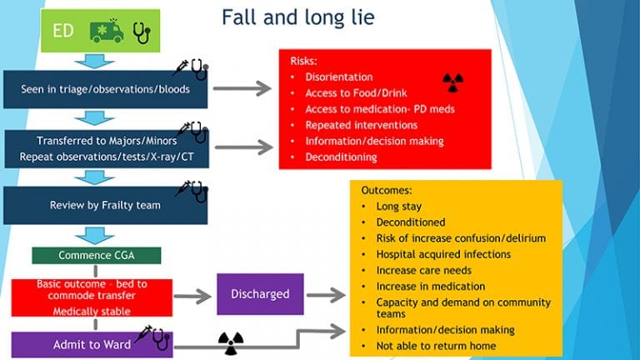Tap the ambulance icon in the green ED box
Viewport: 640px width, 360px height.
click(106, 32)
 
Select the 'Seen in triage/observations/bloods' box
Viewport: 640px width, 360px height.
click(105, 87)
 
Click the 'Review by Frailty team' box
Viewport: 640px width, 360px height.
click(105, 205)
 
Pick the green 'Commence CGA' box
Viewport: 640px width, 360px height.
click(97, 255)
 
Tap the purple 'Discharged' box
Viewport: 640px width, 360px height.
click(261, 293)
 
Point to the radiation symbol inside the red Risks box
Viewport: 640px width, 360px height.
click(452, 81)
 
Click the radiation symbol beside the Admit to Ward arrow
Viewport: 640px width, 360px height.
click(230, 341)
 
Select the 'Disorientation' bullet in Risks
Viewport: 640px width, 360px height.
click(338, 77)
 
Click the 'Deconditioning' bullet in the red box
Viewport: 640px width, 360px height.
click(340, 157)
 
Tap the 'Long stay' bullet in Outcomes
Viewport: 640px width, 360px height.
click(398, 207)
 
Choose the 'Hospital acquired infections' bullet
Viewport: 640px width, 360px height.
click(443, 254)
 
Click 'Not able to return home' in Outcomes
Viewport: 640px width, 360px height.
click(436, 346)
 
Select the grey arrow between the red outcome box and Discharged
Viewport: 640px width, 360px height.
click(193, 294)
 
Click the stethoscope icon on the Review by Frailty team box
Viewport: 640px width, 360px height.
click(198, 192)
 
